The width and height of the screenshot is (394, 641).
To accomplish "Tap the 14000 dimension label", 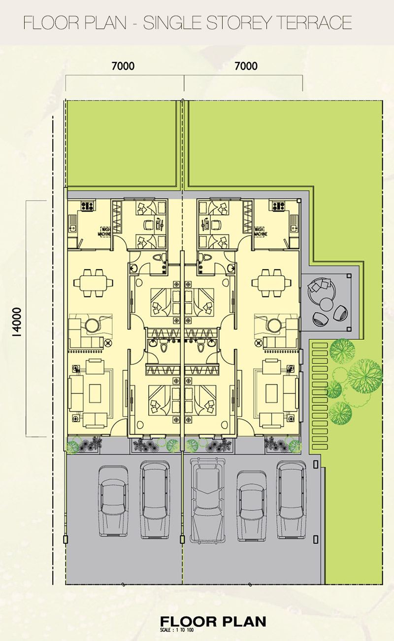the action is point(18,322).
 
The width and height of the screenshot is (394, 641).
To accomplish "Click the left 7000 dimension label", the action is point(123,66).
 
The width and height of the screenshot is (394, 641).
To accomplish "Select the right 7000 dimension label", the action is point(246,66).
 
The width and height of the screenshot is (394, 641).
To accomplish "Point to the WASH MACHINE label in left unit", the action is point(104,232).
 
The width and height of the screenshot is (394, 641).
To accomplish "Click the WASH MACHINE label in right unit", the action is point(261,232).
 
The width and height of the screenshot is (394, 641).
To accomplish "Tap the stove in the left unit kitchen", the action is point(87,206).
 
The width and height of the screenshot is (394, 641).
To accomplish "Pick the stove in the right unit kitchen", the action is point(278,206).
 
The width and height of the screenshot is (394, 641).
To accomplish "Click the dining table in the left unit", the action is point(93,283).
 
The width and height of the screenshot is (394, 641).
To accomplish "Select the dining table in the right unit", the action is point(272,283).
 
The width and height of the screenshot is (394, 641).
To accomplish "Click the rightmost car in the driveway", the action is point(292,499).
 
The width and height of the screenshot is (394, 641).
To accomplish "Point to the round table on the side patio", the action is point(326,304).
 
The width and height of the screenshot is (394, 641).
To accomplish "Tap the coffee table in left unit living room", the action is point(95,393).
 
